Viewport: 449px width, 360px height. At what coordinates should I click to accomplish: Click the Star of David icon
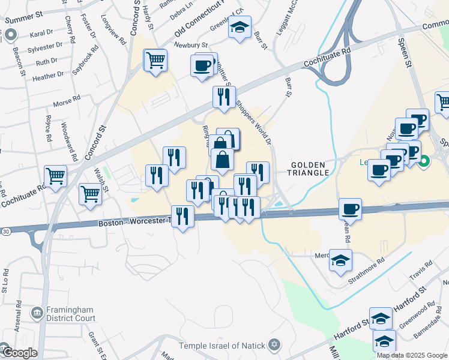274,345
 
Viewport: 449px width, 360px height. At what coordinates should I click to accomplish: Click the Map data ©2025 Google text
412,355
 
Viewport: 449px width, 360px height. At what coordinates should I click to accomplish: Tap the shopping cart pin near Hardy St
155,60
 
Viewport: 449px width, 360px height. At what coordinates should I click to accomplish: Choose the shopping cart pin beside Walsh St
90,194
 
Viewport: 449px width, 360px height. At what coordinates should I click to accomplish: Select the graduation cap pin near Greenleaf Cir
240,28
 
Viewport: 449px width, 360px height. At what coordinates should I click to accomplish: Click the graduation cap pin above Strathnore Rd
341,260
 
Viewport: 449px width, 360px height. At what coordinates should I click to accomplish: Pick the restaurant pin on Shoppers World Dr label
224,97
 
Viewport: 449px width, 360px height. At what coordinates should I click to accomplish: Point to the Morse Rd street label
67,100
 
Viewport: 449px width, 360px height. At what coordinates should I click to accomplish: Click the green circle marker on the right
424,161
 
